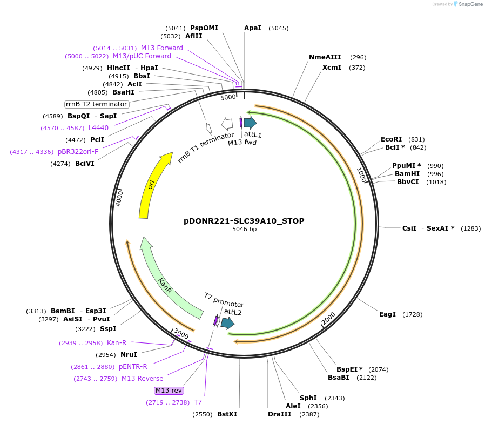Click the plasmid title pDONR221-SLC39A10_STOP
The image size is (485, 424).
[244, 221]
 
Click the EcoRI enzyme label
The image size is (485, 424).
[391, 139]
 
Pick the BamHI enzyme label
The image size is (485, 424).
[407, 174]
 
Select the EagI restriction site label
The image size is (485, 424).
[387, 314]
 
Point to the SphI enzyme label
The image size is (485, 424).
[308, 398]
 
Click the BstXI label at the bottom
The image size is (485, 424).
[227, 414]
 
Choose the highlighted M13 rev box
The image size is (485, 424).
[169, 391]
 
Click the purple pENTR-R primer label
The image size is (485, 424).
[133, 367]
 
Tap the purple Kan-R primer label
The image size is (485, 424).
[117, 343]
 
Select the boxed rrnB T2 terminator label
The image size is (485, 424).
[96, 104]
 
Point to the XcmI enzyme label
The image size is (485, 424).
[332, 68]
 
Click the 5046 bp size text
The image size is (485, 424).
[244, 230]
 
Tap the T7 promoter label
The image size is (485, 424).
[223, 300]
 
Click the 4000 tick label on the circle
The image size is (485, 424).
[119, 198]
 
